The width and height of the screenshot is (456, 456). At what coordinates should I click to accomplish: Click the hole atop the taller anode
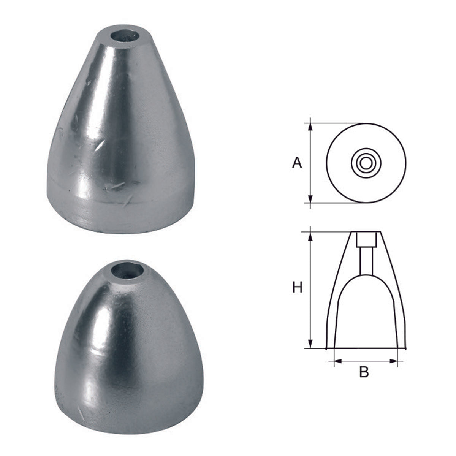point(125,39)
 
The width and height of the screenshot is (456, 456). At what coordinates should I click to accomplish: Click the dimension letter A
point(297,163)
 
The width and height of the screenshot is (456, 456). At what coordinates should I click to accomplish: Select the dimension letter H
point(297,288)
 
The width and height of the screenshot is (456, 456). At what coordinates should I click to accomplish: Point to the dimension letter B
point(364,372)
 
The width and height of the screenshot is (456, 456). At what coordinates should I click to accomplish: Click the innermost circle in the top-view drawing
point(366,163)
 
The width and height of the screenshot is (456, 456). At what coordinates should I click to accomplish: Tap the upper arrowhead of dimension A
point(311,127)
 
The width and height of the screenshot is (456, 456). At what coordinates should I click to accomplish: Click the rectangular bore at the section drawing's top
point(366,239)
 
